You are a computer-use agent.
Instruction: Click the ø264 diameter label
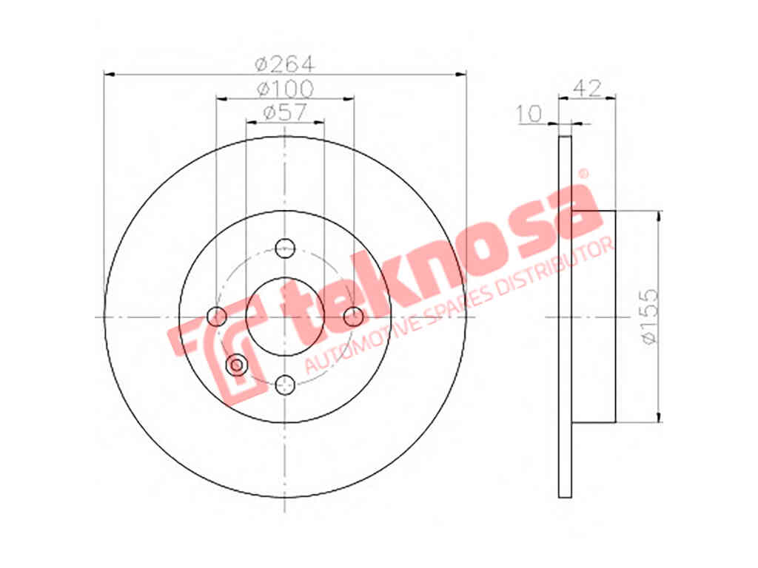tap(285, 64)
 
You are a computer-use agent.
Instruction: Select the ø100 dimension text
tap(285, 89)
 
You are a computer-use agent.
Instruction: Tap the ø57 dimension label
tap(285, 112)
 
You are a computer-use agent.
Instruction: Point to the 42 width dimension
tap(587, 89)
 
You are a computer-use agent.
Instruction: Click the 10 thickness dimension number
tap(529, 114)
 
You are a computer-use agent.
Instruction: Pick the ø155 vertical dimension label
tap(649, 317)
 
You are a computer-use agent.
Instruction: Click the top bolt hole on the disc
tap(285, 248)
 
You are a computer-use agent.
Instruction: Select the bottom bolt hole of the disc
tap(285, 385)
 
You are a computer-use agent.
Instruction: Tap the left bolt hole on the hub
tap(217, 317)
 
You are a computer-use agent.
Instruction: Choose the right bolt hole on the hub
tap(353, 317)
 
